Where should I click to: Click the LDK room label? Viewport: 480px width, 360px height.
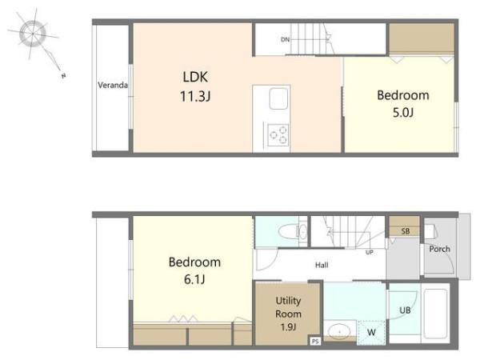point(195,77)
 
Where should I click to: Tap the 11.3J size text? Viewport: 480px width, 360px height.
point(195,97)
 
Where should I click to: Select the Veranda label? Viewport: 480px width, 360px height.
point(113,85)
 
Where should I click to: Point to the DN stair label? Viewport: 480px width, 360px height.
point(285,39)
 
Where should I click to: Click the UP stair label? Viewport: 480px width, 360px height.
point(370,253)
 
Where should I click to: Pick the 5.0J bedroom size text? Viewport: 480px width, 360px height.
point(403,113)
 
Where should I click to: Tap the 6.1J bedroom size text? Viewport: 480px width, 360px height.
point(194,279)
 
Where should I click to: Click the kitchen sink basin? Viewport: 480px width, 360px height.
point(278,98)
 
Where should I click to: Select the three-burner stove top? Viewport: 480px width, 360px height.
point(278,135)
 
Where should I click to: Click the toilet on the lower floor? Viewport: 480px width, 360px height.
point(293,232)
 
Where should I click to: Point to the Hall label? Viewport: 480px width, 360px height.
point(322,265)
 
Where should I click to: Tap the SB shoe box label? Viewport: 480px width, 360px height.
point(406,231)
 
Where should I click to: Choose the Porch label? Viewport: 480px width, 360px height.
point(439,249)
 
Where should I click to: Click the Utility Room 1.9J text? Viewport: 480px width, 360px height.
point(288,314)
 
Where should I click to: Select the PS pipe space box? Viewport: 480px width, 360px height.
point(315,342)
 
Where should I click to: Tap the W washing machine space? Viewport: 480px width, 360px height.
point(371,333)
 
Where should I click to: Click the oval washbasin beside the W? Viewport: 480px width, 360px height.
point(339,331)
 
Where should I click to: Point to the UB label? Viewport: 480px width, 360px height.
point(405,310)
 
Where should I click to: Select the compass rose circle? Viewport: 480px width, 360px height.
point(33,34)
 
